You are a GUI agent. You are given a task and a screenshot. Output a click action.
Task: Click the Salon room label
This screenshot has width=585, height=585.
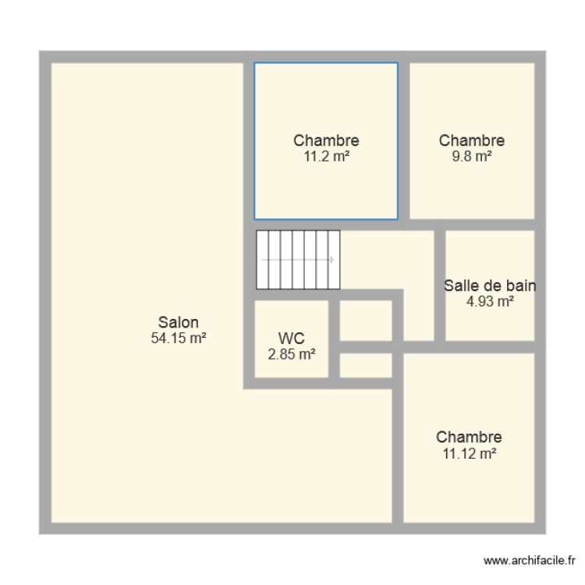pyautogui.click(x=179, y=322)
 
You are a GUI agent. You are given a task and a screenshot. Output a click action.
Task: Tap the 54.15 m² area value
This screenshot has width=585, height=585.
pyautogui.click(x=179, y=338)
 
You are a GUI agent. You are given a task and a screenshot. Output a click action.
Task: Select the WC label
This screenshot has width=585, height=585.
pyautogui.click(x=291, y=338)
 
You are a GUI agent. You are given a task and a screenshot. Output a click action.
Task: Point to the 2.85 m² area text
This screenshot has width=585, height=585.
pyautogui.click(x=291, y=354)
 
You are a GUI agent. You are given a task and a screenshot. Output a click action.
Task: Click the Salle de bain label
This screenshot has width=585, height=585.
pyautogui.click(x=489, y=285)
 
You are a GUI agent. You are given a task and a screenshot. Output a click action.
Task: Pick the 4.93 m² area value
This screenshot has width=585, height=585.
pyautogui.click(x=489, y=301)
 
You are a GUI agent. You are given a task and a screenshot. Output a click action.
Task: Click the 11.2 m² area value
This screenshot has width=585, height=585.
pyautogui.click(x=326, y=156)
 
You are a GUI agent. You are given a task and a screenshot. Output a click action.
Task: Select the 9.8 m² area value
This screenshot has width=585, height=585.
pyautogui.click(x=471, y=156)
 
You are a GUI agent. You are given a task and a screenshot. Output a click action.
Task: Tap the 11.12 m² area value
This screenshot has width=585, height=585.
pyautogui.click(x=468, y=452)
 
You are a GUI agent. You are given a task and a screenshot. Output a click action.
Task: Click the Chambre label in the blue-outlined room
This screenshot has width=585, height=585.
pyautogui.click(x=326, y=140)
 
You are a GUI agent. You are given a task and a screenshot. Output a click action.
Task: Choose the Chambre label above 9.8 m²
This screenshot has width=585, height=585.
pyautogui.click(x=471, y=140)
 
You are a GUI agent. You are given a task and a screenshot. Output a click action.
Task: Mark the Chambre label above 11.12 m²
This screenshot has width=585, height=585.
pyautogui.click(x=468, y=437)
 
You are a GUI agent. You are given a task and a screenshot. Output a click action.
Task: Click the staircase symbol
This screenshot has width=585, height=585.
pyautogui.click(x=298, y=260)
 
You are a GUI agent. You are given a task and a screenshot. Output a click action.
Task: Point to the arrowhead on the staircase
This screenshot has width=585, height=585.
pyautogui.click(x=333, y=260)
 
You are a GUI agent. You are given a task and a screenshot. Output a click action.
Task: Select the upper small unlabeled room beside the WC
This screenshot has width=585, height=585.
pyautogui.click(x=366, y=320)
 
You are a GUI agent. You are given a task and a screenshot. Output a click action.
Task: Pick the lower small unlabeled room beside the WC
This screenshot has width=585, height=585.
pyautogui.click(x=366, y=365)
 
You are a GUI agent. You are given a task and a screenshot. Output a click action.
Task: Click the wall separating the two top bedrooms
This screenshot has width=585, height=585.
pyautogui.click(x=404, y=140)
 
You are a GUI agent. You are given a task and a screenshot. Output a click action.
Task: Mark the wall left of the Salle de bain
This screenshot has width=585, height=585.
pyautogui.click(x=440, y=285)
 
